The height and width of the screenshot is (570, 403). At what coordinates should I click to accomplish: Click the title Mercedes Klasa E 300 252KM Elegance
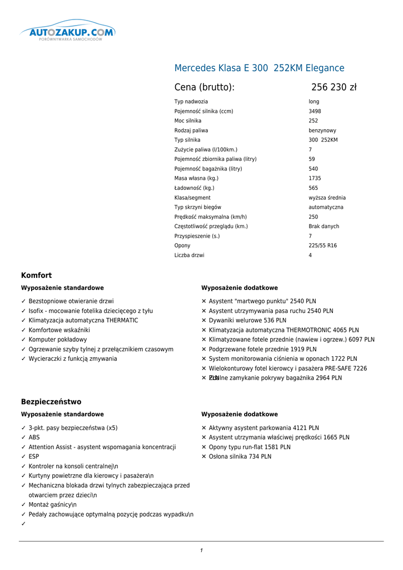tap(259, 68)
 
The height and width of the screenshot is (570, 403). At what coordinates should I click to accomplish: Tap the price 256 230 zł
tap(334, 87)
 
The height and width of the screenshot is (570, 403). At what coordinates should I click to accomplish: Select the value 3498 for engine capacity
tap(315, 111)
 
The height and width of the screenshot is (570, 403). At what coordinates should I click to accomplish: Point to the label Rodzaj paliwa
tap(191, 130)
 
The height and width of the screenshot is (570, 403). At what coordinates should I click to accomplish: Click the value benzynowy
tap(322, 130)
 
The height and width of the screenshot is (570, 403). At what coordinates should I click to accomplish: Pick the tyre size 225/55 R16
tap(322, 245)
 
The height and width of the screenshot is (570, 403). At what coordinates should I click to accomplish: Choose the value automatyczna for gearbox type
tap(326, 207)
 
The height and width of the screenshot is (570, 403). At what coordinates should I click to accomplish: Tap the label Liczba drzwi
tap(189, 255)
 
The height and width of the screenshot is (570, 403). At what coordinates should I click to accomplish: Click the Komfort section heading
tap(36, 276)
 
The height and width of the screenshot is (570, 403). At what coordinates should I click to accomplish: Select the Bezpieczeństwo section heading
tap(51, 402)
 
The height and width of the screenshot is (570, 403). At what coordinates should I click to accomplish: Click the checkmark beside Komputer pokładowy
tap(24, 340)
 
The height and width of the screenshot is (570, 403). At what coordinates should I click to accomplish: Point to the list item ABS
tap(34, 438)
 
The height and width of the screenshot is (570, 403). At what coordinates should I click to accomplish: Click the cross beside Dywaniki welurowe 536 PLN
tap(204, 321)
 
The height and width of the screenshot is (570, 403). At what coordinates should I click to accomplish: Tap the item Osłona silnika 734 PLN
tap(240, 456)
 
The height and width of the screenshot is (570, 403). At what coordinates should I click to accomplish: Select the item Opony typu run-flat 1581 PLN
tap(250, 447)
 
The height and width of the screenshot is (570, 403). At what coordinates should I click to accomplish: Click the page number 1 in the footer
tap(201, 551)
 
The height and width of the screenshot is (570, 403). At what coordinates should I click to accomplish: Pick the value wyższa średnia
tap(327, 198)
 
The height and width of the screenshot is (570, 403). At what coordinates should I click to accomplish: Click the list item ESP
tap(33, 456)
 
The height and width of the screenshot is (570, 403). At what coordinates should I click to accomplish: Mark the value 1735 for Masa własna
tap(315, 178)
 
